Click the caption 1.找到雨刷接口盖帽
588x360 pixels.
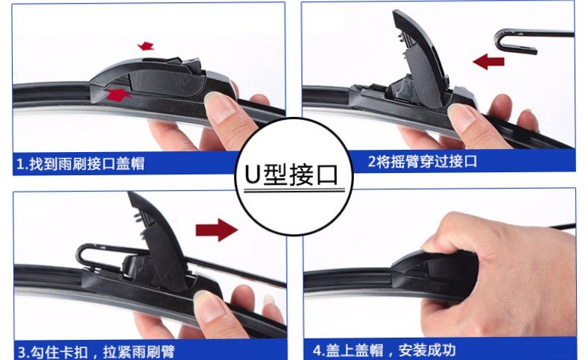pyautogui.click(x=80, y=164)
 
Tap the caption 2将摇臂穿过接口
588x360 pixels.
pyautogui.click(x=423, y=162)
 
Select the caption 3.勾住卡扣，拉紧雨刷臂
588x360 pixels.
pyautogui.click(x=96, y=352)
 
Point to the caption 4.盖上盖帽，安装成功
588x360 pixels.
pyautogui.click(x=384, y=350)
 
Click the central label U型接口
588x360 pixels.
pyautogui.click(x=291, y=174)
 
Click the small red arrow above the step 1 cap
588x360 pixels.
pyautogui.click(x=146, y=46)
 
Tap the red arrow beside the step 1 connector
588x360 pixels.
pyautogui.click(x=117, y=95)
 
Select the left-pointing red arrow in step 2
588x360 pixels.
pyautogui.click(x=489, y=62)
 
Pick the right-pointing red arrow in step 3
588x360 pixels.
pyautogui.click(x=216, y=230)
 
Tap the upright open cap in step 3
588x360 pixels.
pyautogui.click(x=157, y=240)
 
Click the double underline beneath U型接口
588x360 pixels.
pyautogui.click(x=294, y=190)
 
